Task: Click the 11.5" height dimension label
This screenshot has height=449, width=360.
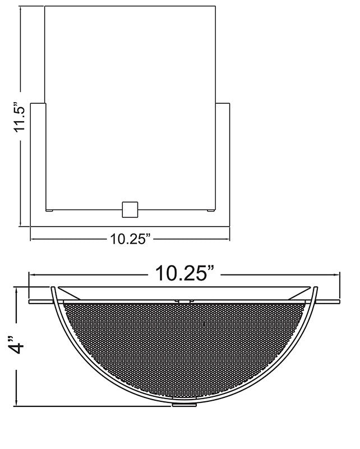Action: [x=20, y=117]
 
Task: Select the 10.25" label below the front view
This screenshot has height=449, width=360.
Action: [x=130, y=240]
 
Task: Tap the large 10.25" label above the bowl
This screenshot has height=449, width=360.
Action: [x=184, y=274]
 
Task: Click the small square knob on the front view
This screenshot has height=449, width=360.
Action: [x=130, y=209]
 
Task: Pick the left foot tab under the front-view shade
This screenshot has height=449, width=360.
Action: [x=49, y=211]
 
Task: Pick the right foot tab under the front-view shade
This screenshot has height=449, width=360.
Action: [x=211, y=211]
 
